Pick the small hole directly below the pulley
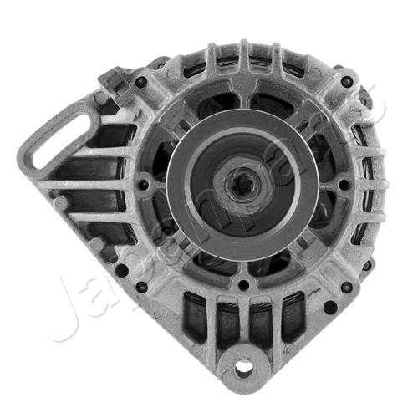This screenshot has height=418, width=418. (243, 284)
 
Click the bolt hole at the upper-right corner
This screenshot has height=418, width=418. (346, 82)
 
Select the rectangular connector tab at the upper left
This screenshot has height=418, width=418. (110, 80)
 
